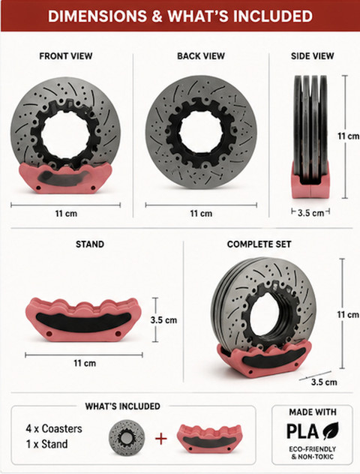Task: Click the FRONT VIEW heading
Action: click(x=65, y=56)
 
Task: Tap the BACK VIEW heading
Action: click(x=201, y=56)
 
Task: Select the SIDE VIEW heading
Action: click(x=312, y=56)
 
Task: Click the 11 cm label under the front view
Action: click(x=66, y=214)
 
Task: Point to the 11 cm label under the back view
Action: click(x=201, y=214)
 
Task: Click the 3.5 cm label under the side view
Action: click(x=310, y=213)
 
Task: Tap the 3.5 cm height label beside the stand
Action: click(x=163, y=319)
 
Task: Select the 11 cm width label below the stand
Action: click(x=85, y=363)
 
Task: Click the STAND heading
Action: click(x=90, y=244)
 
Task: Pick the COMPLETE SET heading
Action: click(x=259, y=244)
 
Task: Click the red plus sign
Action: click(x=160, y=439)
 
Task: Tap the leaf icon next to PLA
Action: click(x=331, y=430)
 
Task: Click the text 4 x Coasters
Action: click(x=54, y=428)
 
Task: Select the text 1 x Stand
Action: click(x=46, y=444)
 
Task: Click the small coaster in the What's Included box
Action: click(x=127, y=437)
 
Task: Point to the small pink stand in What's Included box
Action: click(x=209, y=438)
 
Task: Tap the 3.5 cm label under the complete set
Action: click(x=324, y=382)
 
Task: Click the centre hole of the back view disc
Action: click(x=201, y=132)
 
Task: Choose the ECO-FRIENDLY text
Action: click(x=313, y=449)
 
